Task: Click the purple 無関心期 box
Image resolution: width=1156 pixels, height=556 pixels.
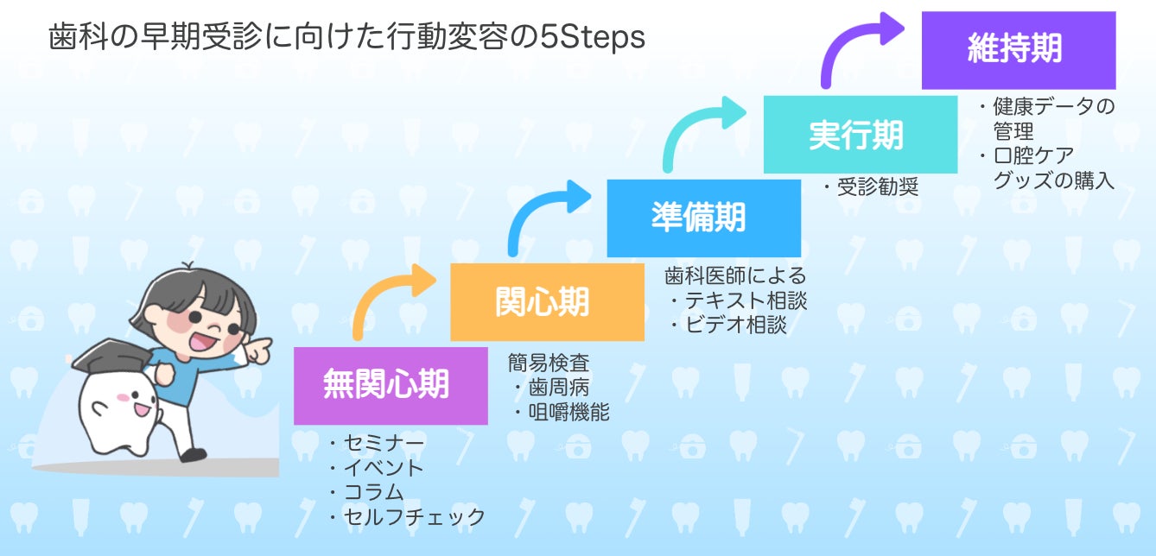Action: coord(391,386)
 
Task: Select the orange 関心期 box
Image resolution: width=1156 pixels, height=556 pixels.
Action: coord(547,302)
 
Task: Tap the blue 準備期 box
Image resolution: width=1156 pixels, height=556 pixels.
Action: coord(704,218)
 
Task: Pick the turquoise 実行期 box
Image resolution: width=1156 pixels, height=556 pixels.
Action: coord(861,135)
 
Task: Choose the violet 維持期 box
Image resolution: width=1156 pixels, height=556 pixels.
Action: coord(1019,51)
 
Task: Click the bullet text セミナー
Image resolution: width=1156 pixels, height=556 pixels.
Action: coord(384,443)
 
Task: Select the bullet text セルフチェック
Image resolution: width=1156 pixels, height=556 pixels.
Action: coord(415,516)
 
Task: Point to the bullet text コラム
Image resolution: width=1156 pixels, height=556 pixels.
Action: coord(373,491)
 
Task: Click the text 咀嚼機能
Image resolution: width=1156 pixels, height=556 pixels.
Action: coord(568,412)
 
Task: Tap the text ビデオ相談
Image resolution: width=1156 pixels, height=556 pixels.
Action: coord(736,325)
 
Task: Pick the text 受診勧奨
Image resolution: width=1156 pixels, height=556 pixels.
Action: coord(878,186)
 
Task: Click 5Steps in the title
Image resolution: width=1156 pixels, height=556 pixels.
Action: coord(593,37)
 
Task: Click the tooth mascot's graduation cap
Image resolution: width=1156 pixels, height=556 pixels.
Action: coord(111,354)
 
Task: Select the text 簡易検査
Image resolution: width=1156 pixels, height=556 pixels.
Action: coord(548,363)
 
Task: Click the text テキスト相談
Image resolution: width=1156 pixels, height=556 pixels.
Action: coord(746,300)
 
